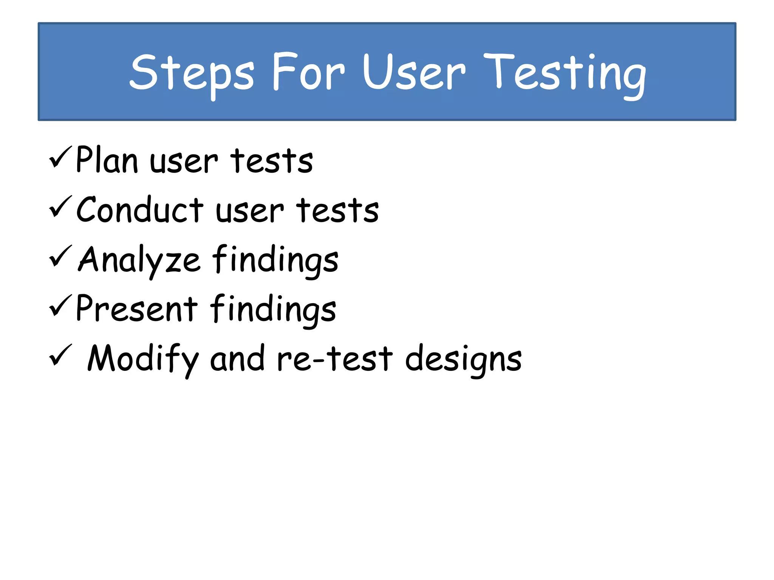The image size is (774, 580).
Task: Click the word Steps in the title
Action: coord(192,72)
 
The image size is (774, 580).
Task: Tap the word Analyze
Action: coord(139,260)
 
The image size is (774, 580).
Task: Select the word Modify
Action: coord(143,359)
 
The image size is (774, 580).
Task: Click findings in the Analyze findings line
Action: coord(275,260)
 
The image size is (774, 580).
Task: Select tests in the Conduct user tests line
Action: coord(337,210)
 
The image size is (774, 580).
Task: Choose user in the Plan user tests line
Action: coord(184,162)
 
